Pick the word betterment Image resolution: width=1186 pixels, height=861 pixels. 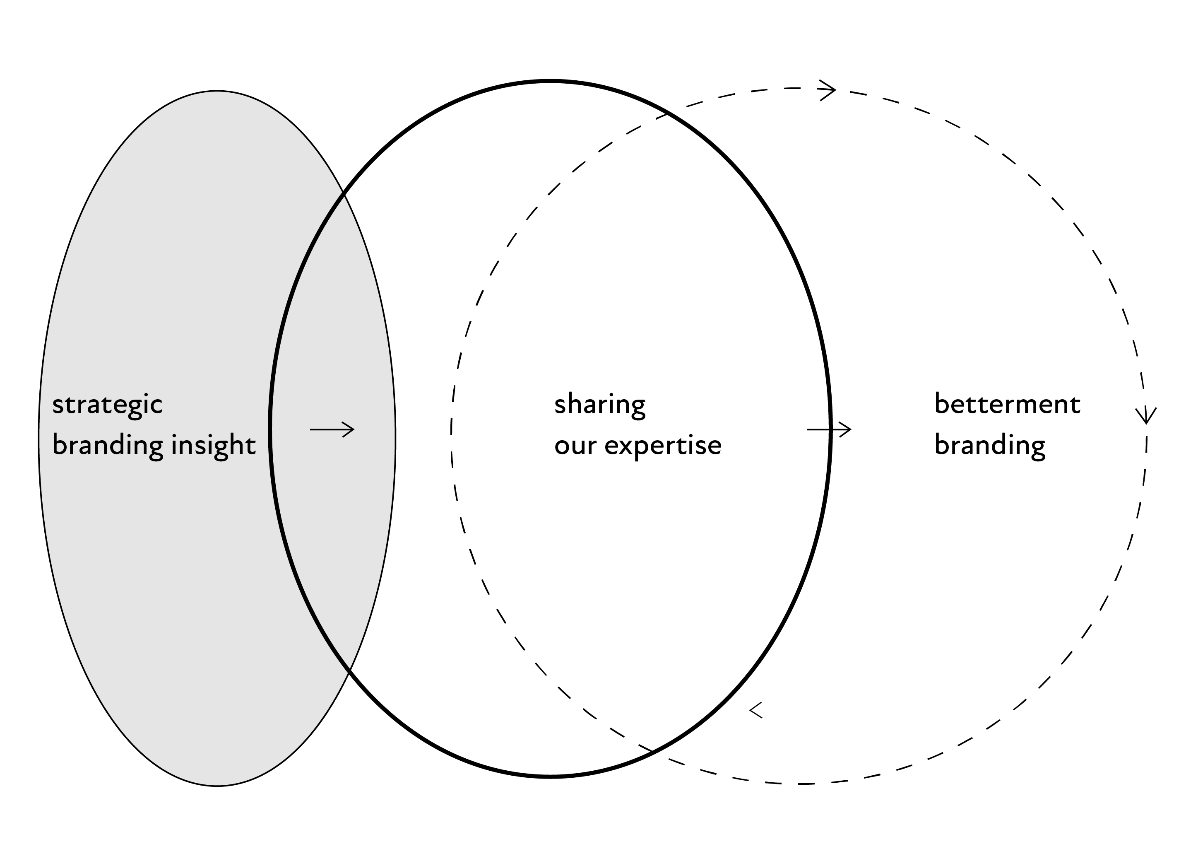[1007, 404]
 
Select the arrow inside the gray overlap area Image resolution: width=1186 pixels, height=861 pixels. [332, 429]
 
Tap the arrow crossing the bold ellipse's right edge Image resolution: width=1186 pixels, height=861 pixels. [829, 429]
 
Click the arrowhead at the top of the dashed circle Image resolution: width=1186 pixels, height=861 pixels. [828, 90]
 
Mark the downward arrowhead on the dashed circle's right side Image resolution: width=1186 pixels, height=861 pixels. [1146, 416]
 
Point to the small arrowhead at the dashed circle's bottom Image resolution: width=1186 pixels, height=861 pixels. [755, 710]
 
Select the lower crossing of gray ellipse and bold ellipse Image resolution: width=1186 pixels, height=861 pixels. [349, 670]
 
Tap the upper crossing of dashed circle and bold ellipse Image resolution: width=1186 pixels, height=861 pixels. [668, 113]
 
